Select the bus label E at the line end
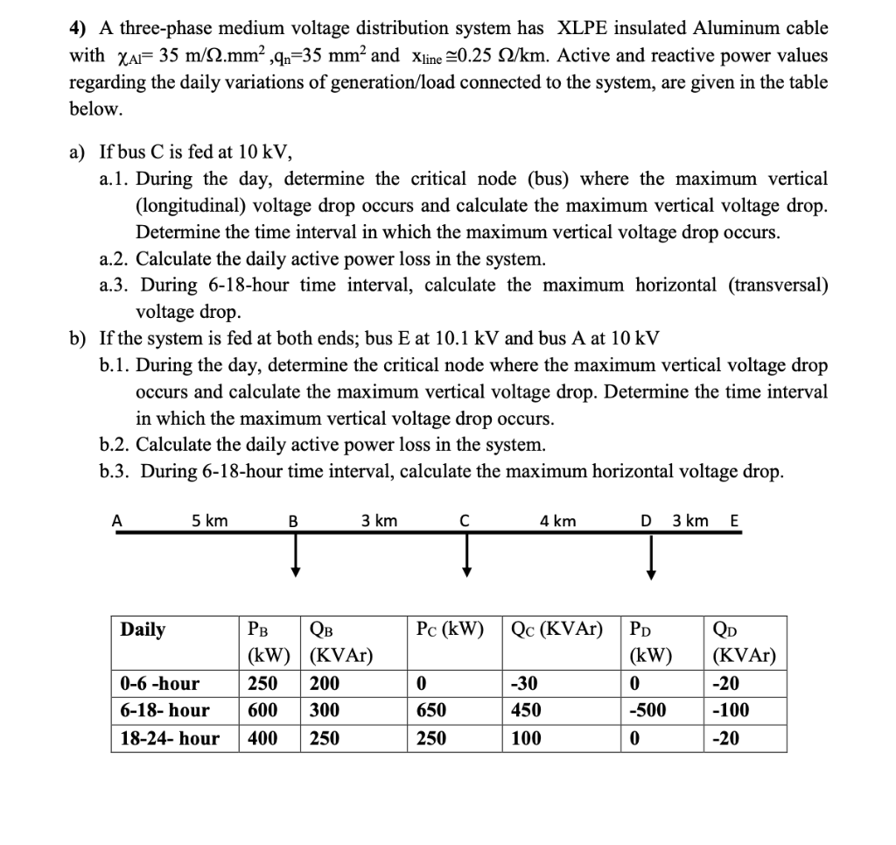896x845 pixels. coord(733,522)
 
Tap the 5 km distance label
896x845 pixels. coord(209,521)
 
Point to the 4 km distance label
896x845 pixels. coord(557,521)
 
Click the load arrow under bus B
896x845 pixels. coord(297,556)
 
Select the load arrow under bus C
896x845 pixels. coord(467,556)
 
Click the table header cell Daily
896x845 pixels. coord(143,630)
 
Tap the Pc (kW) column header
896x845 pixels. coord(450,630)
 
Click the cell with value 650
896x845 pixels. coord(433,710)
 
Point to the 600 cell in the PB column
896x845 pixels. coord(263,710)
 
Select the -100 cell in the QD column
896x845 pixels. coord(731,710)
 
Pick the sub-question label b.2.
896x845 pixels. coord(115,444)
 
